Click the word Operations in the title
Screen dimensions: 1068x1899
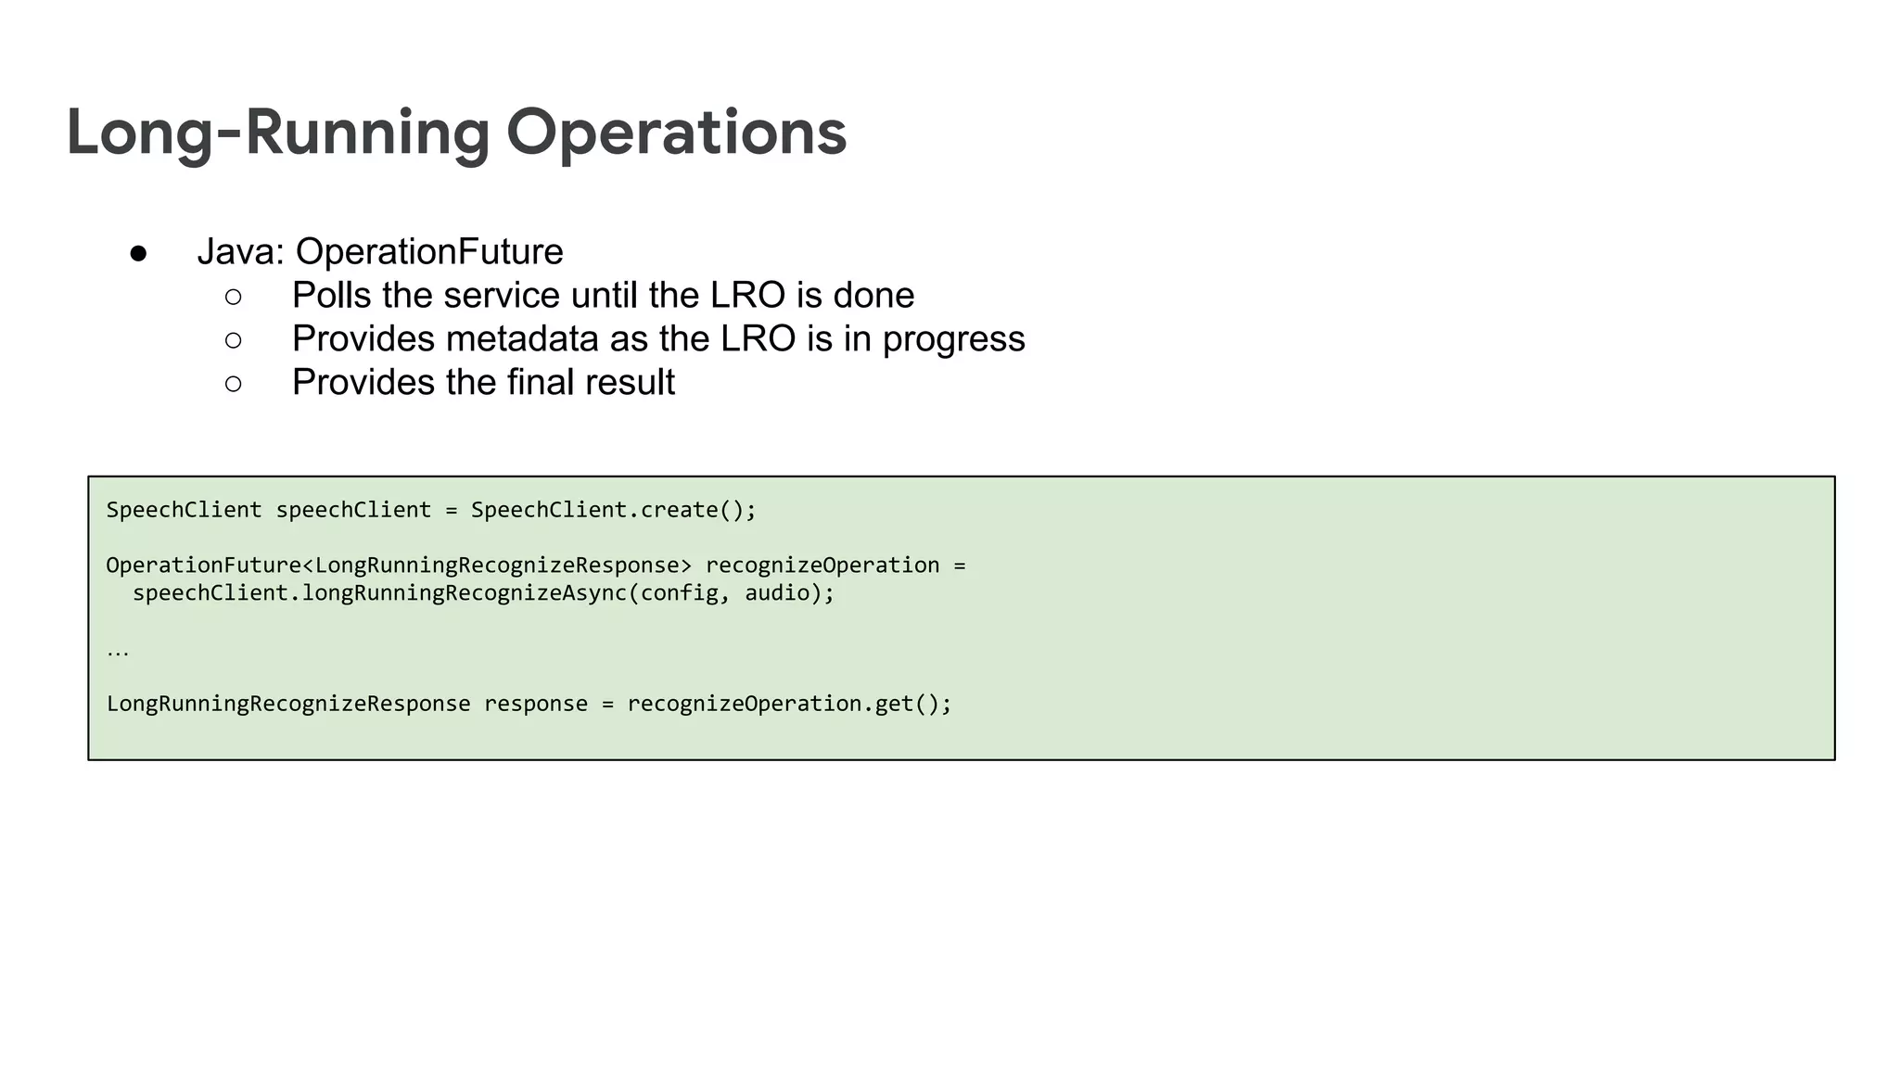tap(676, 132)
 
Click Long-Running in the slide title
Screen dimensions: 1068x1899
tap(277, 132)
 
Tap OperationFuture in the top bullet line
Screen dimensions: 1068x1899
tap(429, 251)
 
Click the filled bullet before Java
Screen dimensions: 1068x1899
tap(138, 253)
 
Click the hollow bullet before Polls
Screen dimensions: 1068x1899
tap(233, 297)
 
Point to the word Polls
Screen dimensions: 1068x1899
tap(331, 295)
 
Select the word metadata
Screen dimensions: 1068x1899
tap(522, 338)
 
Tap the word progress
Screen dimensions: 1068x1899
tap(953, 339)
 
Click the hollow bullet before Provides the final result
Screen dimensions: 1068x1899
tap(233, 383)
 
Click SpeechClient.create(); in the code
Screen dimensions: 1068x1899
tap(613, 510)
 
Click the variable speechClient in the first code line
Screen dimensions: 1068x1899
tap(353, 510)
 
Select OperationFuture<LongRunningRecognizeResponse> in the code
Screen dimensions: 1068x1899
tap(399, 566)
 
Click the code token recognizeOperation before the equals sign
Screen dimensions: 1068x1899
tap(822, 566)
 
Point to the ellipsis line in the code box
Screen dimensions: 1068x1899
tap(118, 651)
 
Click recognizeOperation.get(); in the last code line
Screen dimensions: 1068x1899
tap(789, 704)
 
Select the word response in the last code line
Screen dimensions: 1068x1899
tap(535, 704)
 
